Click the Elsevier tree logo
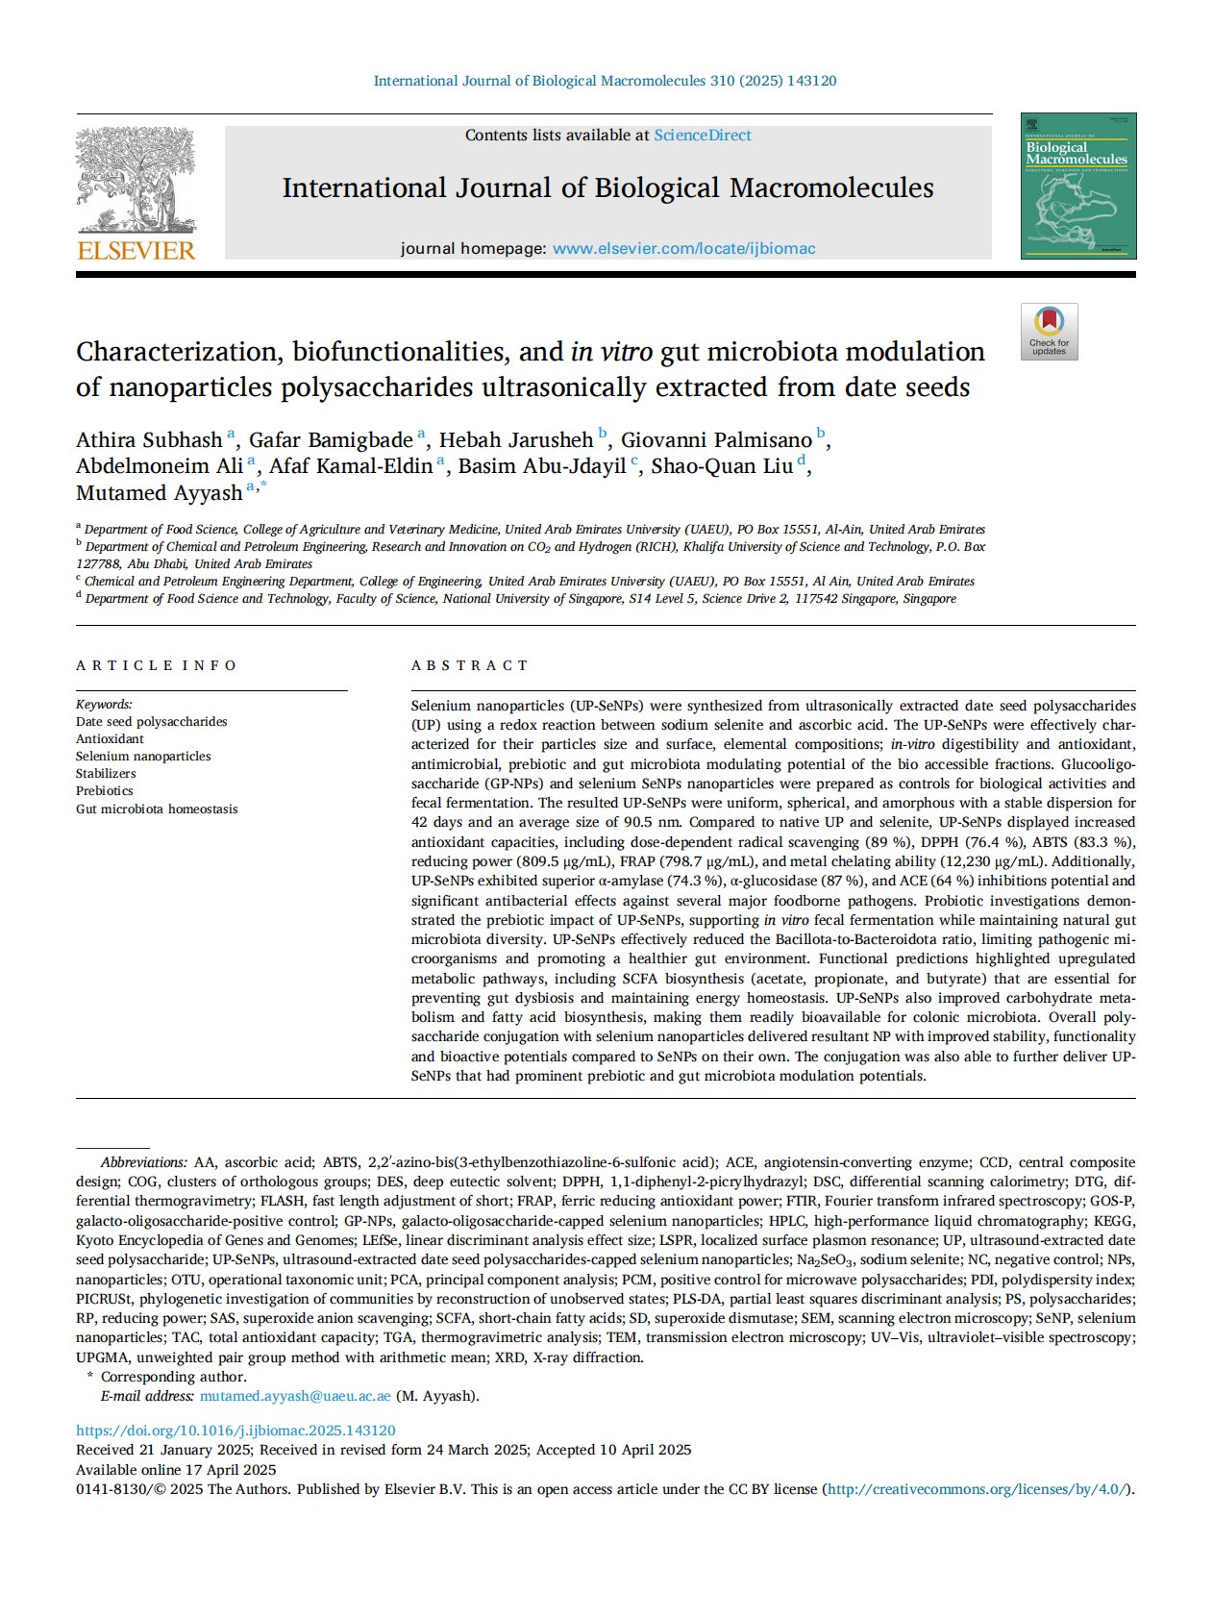point(136,180)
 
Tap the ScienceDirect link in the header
point(703,136)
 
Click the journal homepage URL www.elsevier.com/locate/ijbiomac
point(683,248)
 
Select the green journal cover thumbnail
point(1077,186)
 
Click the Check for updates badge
point(1049,332)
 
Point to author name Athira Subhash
point(149,440)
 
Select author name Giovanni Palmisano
point(715,440)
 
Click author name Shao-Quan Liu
point(722,466)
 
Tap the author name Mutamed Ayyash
point(159,493)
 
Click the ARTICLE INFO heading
point(156,665)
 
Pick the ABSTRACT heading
point(469,665)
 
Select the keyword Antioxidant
point(110,739)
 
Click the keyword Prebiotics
point(105,791)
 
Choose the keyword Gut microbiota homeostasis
point(157,809)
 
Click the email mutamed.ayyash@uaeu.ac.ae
point(295,1396)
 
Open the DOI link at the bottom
point(235,1431)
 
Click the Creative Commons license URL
point(977,1489)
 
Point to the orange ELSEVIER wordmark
point(136,251)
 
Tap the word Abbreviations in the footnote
point(143,1162)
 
